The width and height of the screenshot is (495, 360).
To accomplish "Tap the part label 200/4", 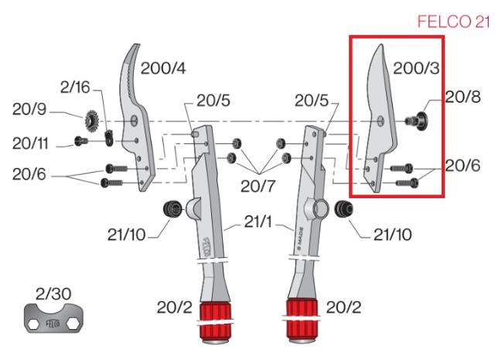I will pos(164,69).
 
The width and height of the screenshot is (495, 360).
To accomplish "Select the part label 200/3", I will pos(415,69).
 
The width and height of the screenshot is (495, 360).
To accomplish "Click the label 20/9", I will pos(30,111).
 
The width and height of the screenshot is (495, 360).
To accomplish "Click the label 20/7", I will pos(260,186).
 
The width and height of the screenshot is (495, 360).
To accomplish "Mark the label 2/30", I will pos(53,293).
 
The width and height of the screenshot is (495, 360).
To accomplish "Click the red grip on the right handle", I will pos(302,319).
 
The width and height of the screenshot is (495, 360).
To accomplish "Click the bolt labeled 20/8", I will pos(418,120).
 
